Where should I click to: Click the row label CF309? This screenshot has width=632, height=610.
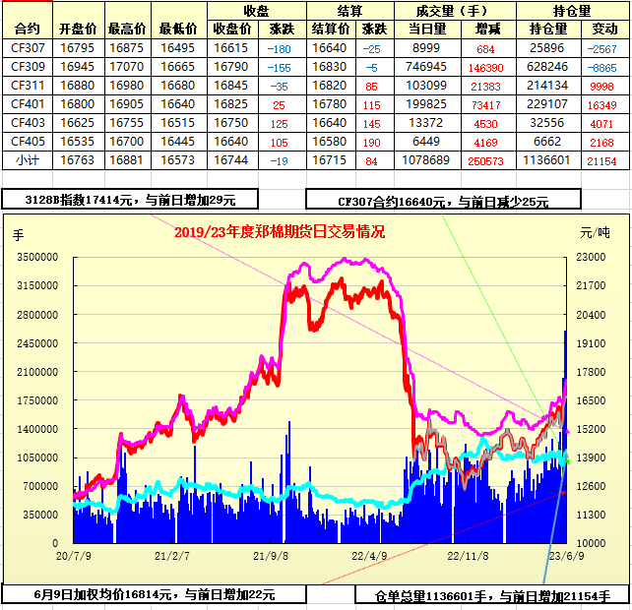28,66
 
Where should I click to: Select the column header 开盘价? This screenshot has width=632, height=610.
78,29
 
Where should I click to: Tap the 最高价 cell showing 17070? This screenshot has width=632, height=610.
127,66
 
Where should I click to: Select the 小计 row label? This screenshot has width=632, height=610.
28,159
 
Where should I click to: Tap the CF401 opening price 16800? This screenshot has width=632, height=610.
78,103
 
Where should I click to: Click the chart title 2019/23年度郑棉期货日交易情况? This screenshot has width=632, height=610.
280,232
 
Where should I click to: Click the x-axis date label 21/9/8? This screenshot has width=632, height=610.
270,555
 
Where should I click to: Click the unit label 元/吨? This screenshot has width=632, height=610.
594,233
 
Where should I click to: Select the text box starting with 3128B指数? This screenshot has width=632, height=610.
130,200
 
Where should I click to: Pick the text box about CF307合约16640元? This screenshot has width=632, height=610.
443,201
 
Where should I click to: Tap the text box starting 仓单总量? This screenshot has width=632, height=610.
492,595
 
